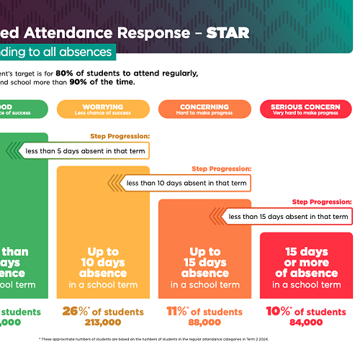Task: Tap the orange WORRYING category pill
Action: [x=103, y=109]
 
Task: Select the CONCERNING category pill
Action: [x=204, y=109]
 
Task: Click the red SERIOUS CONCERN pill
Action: [x=306, y=109]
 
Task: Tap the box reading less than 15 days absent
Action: [x=288, y=216]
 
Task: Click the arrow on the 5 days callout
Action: [x=13, y=150]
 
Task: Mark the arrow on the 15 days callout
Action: [x=217, y=216]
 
